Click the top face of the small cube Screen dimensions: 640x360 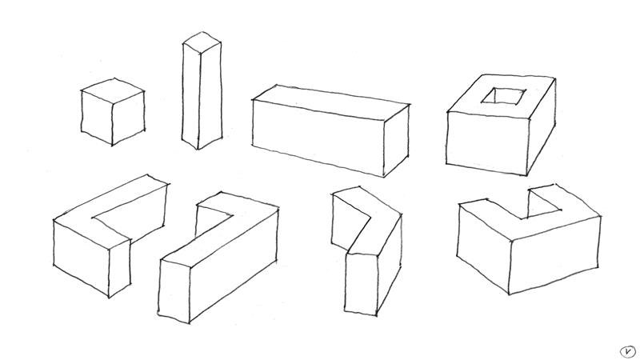pos(113,90)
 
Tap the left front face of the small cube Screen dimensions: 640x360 pos(97,117)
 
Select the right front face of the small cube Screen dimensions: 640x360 pos(128,117)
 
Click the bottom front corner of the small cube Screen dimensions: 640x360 pos(112,145)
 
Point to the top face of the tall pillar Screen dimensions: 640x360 pos(202,42)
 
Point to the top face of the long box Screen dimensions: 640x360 pos(330,102)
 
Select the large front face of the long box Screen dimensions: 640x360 pos(318,137)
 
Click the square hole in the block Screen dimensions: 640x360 pos(504,96)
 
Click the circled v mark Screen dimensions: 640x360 pos(628,351)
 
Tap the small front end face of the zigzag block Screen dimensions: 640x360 pos(361,284)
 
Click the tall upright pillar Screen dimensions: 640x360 pos(202,90)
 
